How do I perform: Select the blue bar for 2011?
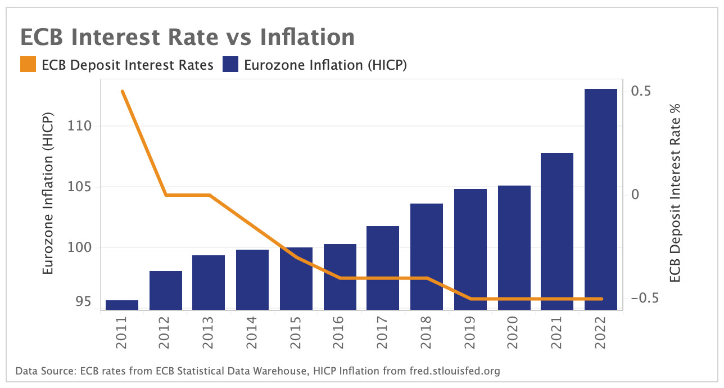(122, 305)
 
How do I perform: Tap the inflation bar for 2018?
(427, 256)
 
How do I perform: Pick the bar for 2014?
(252, 279)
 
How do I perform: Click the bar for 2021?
(557, 231)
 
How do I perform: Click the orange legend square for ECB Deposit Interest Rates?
(28, 65)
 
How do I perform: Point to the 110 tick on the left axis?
(80, 126)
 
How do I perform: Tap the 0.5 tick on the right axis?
(641, 91)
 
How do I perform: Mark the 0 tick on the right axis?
(635, 195)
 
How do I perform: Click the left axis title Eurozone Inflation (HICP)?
(48, 194)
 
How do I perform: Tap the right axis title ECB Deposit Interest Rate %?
(675, 194)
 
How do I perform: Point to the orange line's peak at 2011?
(122, 91)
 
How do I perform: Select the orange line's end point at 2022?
(600, 299)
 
